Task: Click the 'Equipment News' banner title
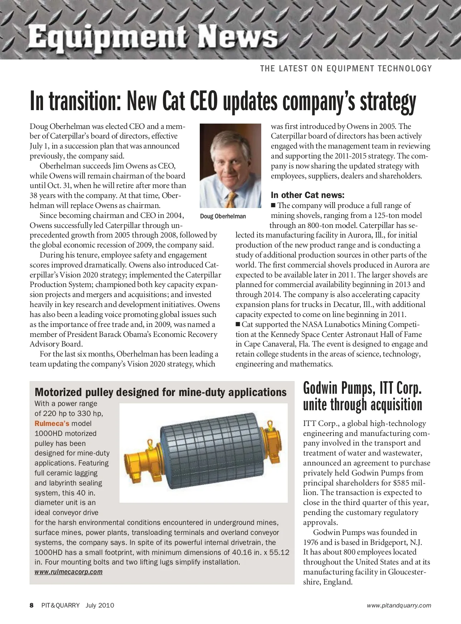(153, 36)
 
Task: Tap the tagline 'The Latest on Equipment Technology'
(346, 69)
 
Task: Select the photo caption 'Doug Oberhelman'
(223, 216)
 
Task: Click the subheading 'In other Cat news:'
(307, 195)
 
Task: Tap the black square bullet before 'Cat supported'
(238, 324)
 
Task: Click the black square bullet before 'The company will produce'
(274, 205)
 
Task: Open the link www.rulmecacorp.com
(68, 572)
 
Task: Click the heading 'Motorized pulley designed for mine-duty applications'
(161, 392)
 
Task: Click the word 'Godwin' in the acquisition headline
(321, 388)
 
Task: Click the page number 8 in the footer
(32, 605)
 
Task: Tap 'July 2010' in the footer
(100, 605)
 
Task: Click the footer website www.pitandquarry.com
(399, 606)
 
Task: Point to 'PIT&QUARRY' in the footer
(60, 605)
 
